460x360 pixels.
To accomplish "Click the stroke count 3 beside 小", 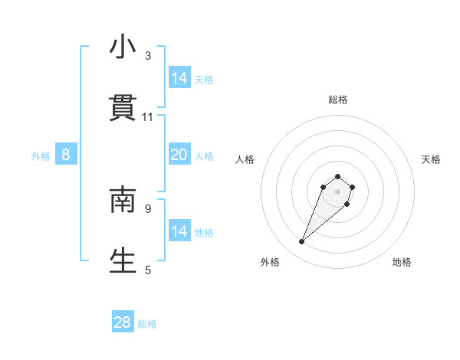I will click(148, 56).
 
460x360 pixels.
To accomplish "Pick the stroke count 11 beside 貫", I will click(148, 117).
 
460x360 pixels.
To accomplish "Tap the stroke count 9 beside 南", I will click(148, 208).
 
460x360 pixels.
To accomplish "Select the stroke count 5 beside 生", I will click(148, 269).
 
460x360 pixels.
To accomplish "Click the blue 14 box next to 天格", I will click(179, 78).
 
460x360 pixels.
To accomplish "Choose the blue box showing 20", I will click(179, 155).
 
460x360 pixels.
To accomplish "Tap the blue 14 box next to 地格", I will click(179, 231).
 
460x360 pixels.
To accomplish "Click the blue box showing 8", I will click(66, 155).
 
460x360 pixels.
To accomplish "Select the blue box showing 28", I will click(123, 322).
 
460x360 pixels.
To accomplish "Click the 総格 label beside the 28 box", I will click(147, 324).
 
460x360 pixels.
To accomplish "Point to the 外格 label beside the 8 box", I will click(41, 156).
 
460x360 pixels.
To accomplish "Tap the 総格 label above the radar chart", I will click(338, 100).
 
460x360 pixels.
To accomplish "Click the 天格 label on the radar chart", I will click(432, 159).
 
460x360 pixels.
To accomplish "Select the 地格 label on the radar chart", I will click(402, 262).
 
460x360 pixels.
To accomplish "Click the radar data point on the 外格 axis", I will click(302, 242).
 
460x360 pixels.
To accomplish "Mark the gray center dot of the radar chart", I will click(338, 191).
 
